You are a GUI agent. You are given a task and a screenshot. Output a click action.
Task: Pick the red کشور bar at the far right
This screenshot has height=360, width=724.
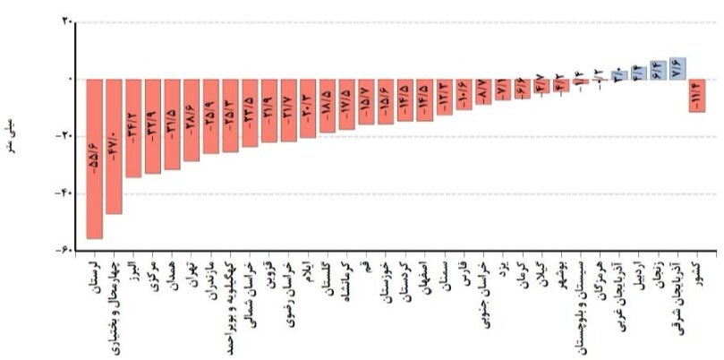(697, 95)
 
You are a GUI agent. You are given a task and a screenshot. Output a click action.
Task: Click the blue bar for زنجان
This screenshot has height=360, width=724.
(659, 71)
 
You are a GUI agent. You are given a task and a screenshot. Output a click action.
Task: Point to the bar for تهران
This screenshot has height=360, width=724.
(192, 120)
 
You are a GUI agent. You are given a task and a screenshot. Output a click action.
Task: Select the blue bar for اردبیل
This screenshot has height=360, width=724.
(639, 74)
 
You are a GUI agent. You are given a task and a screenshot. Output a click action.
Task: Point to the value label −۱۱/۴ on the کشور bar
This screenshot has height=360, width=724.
(697, 92)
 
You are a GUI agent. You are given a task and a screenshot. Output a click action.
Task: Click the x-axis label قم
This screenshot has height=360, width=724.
(366, 270)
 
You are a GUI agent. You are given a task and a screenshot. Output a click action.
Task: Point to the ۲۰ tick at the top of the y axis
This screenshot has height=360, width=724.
(67, 22)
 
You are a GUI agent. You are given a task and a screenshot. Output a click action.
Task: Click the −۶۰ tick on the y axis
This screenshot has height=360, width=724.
(65, 251)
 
